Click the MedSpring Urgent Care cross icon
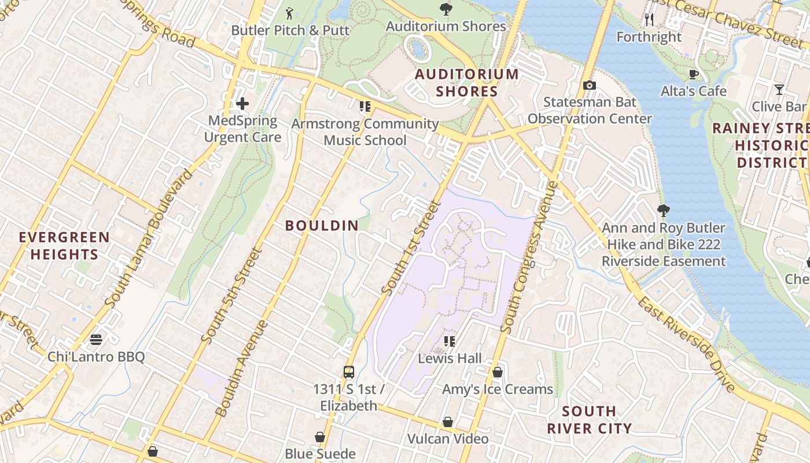(242, 104)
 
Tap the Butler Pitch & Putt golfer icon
(290, 12)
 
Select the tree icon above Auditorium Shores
(446, 9)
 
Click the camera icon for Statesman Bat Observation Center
(589, 85)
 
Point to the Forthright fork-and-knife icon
(649, 20)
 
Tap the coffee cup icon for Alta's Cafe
(693, 74)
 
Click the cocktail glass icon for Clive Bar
(779, 90)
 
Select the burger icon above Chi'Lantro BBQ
(96, 339)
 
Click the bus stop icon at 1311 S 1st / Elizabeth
(348, 372)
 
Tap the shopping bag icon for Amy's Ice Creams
(497, 372)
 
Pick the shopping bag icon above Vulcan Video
(447, 422)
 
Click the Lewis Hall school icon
(449, 341)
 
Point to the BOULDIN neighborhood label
(322, 226)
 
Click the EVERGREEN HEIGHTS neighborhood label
(64, 246)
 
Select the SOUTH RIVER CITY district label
(589, 420)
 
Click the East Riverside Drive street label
(686, 344)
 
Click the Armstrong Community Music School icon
(365, 106)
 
